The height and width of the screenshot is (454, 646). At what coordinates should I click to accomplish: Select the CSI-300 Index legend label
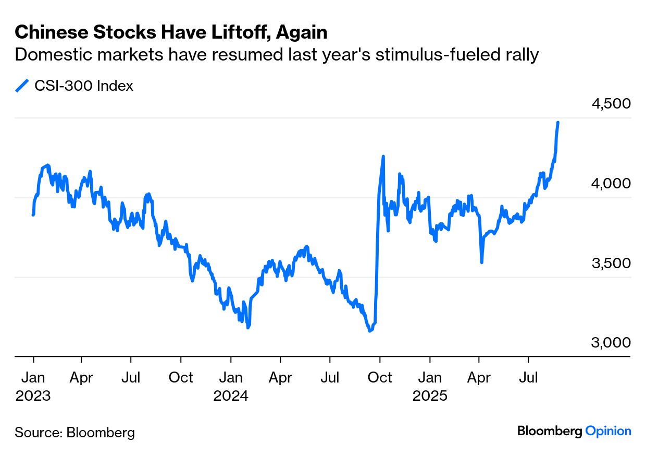point(84,86)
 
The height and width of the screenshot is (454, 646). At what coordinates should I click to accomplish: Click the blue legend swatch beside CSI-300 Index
point(22,86)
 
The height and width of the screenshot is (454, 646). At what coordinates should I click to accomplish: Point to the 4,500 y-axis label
point(611,103)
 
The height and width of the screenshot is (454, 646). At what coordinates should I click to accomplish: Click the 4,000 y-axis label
point(611,183)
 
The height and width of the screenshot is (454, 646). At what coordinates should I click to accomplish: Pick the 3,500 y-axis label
point(611,263)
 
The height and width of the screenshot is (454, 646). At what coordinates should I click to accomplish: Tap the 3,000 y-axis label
point(611,343)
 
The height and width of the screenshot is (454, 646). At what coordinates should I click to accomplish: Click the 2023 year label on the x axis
point(33,396)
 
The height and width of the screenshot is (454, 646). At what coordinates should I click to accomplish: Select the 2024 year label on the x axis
point(231,396)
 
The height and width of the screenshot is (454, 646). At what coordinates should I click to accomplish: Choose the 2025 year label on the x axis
point(430,396)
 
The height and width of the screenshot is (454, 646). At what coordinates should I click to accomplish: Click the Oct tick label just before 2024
point(181,377)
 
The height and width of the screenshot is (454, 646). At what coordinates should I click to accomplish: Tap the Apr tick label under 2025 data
point(479,377)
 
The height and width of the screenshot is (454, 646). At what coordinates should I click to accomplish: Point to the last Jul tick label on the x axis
point(529,377)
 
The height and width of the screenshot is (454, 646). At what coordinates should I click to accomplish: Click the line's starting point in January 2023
point(33,214)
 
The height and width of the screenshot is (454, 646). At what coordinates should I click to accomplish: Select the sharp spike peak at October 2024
point(383,156)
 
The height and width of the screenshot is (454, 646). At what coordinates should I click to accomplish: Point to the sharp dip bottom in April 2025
point(481,262)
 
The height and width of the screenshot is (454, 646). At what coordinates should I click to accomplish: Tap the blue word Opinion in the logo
point(608,431)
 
